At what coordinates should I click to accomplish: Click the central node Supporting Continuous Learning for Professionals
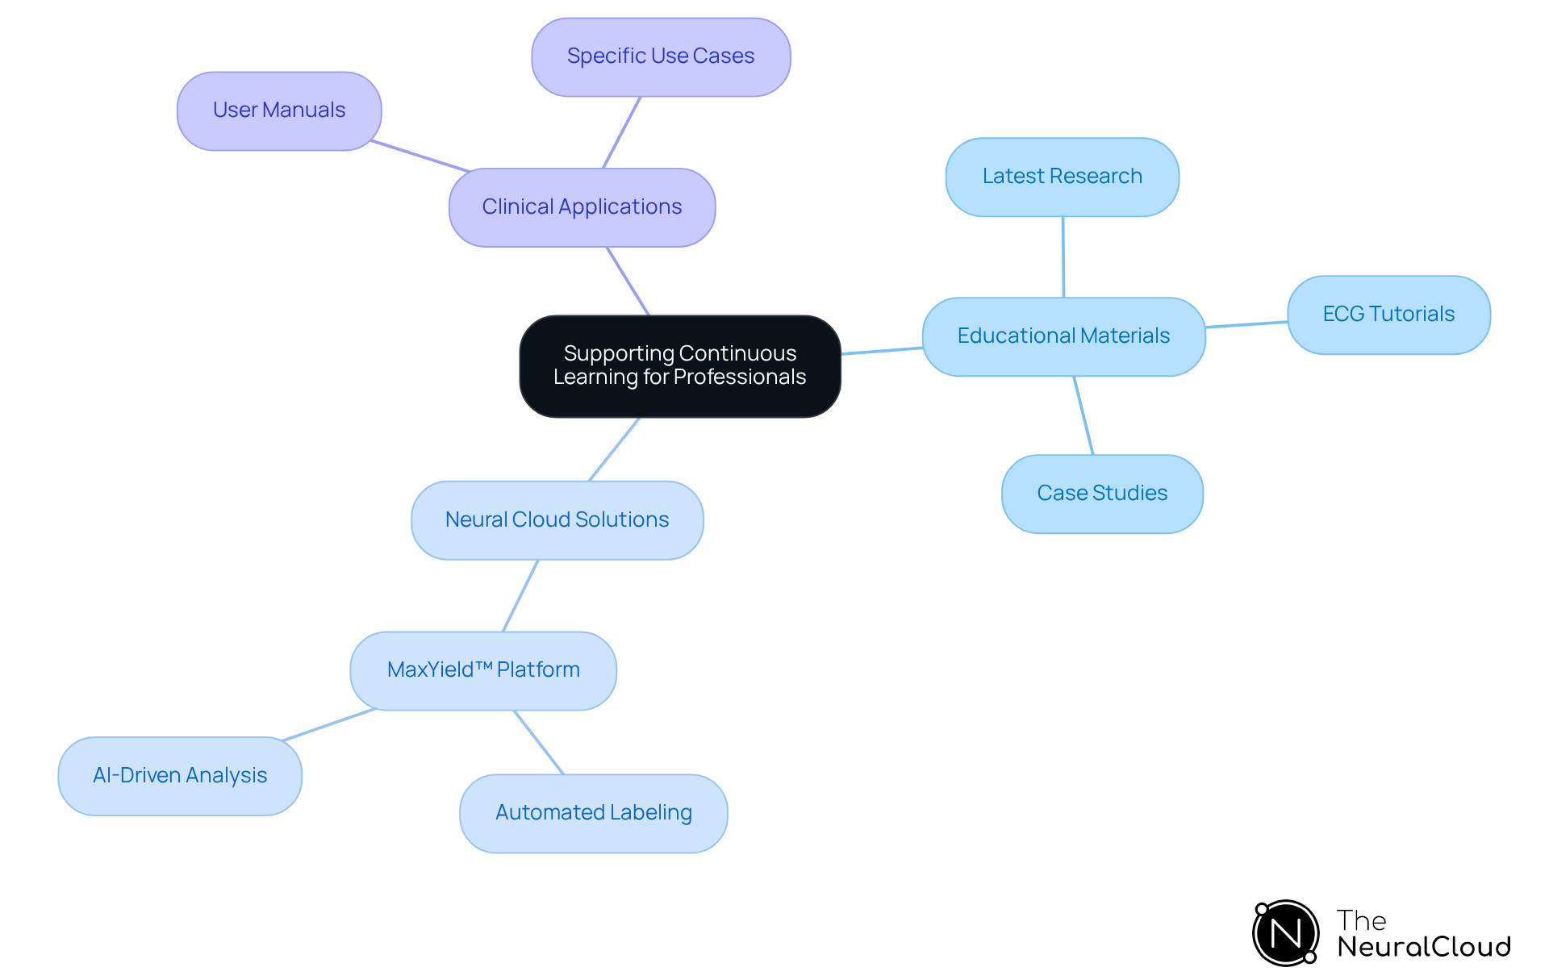(680, 365)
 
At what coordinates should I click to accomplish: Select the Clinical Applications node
(582, 207)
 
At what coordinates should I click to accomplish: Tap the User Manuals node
(279, 111)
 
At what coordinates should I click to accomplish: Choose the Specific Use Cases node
(661, 56)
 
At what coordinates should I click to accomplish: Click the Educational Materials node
(1063, 336)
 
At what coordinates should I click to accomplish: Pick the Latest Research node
(1062, 177)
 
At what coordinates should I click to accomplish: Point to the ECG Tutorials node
(1388, 315)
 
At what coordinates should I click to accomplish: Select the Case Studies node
(1102, 494)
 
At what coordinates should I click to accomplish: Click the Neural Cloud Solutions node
(557, 520)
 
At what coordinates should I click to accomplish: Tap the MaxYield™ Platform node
(483, 670)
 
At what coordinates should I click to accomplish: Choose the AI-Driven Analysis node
(180, 776)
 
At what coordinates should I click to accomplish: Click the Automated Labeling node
(593, 813)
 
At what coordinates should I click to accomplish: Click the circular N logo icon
(1286, 933)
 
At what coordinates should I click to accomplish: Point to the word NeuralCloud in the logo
(1424, 947)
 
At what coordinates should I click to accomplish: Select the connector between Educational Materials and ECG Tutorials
(1246, 324)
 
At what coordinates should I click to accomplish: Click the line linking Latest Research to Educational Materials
(1063, 256)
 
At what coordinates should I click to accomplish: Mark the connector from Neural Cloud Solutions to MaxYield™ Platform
(520, 595)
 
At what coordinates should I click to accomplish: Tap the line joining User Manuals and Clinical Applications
(420, 156)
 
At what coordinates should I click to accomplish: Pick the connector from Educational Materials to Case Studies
(1083, 415)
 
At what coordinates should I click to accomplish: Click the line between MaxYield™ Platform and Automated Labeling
(539, 742)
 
